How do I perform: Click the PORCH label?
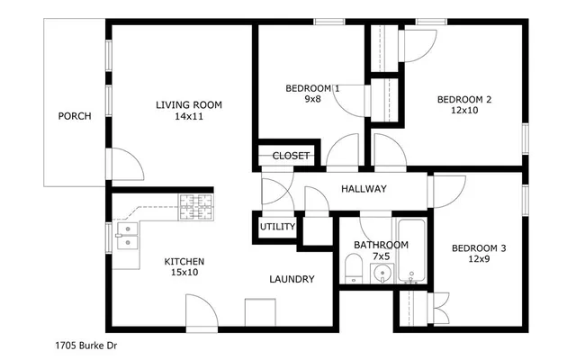tap(75, 116)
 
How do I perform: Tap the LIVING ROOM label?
tap(189, 104)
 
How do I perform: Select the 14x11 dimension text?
tap(189, 116)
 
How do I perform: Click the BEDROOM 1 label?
tap(312, 88)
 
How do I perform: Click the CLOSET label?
tap(291, 156)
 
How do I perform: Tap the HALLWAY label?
tap(364, 189)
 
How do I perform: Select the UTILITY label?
tap(277, 227)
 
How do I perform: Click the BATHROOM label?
tap(381, 245)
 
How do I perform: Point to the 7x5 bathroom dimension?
tap(381, 256)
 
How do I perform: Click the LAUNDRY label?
tap(292, 279)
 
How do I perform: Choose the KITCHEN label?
tap(184, 262)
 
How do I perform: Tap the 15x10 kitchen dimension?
tap(184, 273)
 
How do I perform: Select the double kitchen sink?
tap(127, 236)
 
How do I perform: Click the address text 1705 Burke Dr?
tap(86, 345)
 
